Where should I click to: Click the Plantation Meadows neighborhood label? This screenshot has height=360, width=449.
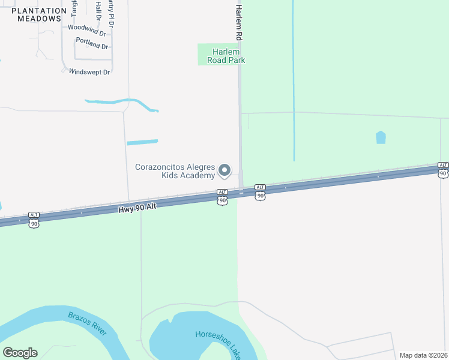click(39, 14)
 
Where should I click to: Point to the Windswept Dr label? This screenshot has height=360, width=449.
click(89, 72)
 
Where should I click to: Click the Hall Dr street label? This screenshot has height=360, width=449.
click(98, 10)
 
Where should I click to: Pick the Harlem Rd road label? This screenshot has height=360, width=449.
click(238, 23)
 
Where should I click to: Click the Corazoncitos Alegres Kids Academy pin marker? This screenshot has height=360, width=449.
click(224, 171)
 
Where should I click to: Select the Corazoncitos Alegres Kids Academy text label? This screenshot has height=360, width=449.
click(175, 171)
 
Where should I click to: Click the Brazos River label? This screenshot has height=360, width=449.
click(87, 322)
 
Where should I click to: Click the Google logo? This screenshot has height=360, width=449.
click(20, 353)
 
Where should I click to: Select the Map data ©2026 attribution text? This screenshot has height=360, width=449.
click(424, 355)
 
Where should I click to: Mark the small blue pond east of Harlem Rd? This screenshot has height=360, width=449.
click(381, 137)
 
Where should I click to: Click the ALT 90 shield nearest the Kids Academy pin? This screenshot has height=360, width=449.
click(222, 196)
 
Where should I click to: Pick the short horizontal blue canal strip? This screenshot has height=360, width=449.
click(142, 142)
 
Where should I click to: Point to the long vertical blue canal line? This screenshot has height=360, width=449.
click(294, 78)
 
